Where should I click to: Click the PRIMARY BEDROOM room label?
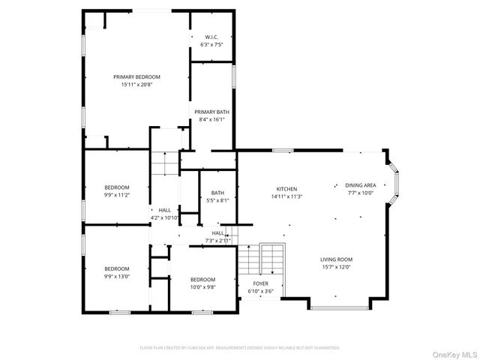pos(136,76)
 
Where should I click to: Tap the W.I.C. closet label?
pos(211,37)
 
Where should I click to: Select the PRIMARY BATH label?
pos(211,112)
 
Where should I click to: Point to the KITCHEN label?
pos(286,189)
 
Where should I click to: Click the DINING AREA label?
pos(360,185)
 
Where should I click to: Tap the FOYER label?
pos(259,283)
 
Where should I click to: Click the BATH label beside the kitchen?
pos(217,193)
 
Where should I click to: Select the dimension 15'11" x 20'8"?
pos(136,85)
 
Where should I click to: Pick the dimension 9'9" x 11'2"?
pos(116,195)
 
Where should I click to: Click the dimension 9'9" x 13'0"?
pos(116,277)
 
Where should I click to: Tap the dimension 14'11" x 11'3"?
pos(286,196)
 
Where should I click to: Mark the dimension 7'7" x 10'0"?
pos(360,193)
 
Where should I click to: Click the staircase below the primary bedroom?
pos(165,163)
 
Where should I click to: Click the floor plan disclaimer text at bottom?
pos(240,348)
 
